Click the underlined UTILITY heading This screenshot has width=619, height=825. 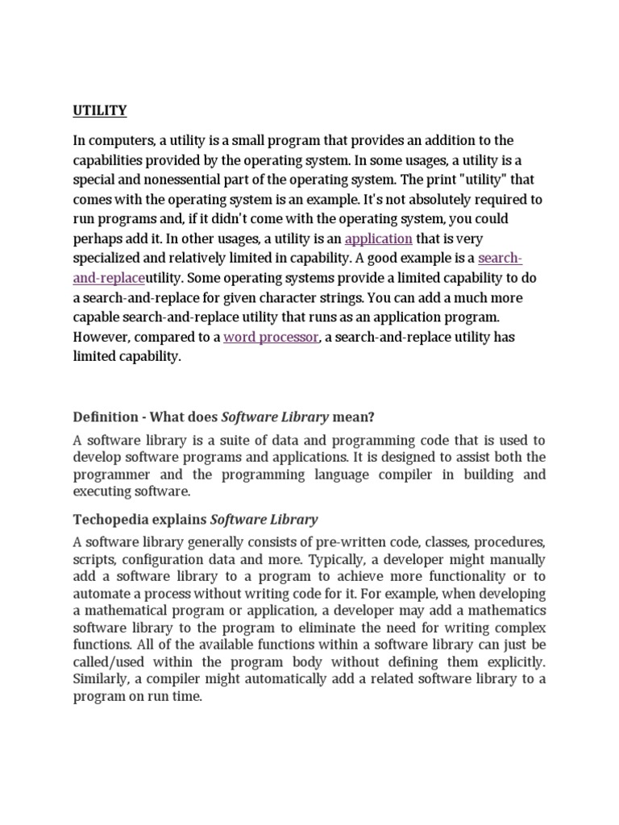coord(100,110)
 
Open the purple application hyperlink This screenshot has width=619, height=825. coord(378,238)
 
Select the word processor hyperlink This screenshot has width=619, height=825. coord(271,337)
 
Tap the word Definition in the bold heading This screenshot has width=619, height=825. coord(106,417)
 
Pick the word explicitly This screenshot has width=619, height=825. coord(515,662)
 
